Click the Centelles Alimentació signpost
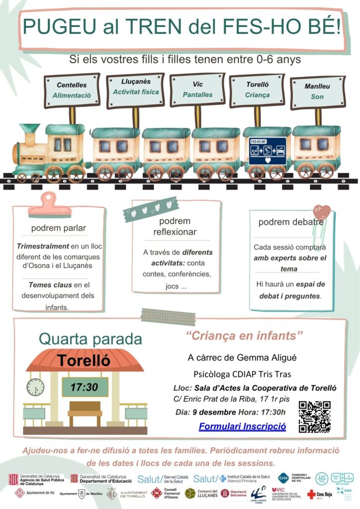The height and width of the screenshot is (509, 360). pos(71,89)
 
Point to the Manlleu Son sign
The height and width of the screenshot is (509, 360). pos(317,92)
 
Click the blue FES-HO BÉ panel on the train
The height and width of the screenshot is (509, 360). pos(267,151)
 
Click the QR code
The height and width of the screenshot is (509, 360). pos(314,417)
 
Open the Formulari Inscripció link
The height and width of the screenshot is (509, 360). pos(242,426)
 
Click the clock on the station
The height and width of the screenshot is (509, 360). pos(36,387)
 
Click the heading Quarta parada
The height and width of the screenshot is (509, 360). pos(90,339)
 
